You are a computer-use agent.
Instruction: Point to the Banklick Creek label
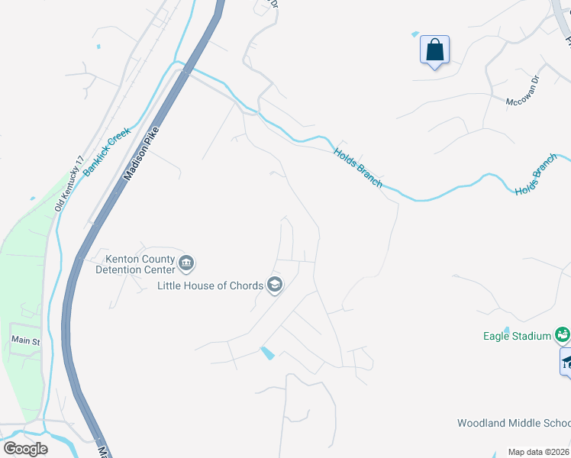click(x=108, y=153)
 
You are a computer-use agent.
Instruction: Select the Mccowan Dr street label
click(x=523, y=91)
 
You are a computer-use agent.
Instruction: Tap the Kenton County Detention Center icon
click(x=186, y=264)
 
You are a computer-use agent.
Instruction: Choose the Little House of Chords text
click(x=210, y=286)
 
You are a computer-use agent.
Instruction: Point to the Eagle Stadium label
click(x=517, y=336)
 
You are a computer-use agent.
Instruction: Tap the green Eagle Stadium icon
click(x=563, y=334)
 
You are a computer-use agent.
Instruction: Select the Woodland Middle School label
click(x=513, y=423)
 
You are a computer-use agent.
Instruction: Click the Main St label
click(x=25, y=340)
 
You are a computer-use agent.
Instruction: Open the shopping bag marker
click(x=434, y=50)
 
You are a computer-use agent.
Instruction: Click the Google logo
click(x=26, y=448)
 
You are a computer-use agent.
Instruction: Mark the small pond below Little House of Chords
click(x=267, y=353)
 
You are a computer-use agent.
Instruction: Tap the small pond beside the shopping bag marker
click(x=415, y=34)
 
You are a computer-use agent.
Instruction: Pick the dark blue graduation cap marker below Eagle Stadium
click(x=566, y=362)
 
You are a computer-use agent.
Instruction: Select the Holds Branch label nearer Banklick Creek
click(x=358, y=167)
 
